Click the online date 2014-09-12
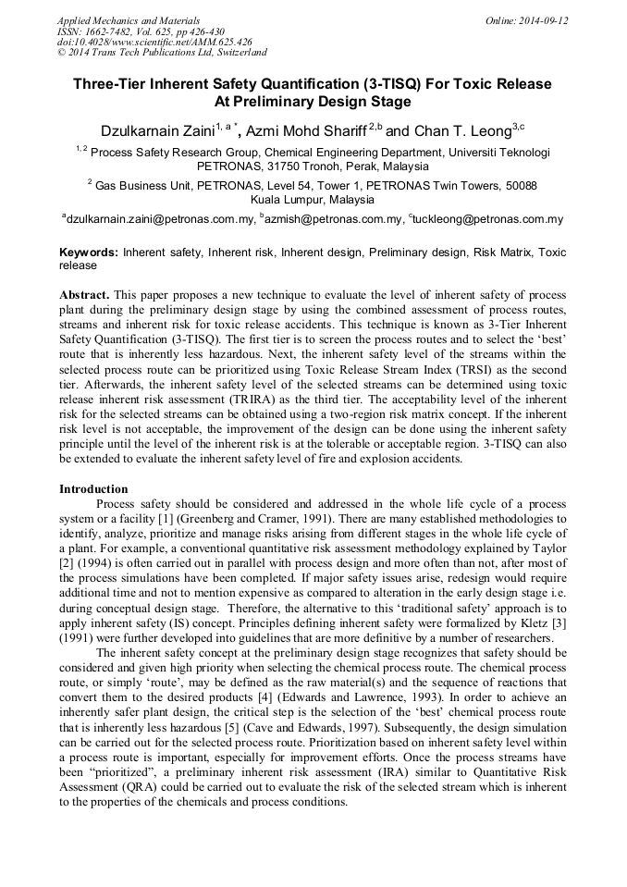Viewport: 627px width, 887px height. pos(540,19)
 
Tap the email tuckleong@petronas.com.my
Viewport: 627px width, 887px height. pos(488,219)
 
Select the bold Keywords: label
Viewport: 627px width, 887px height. pos(89,252)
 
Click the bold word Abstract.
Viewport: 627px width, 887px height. pos(84,293)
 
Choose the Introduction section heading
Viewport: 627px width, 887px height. pos(93,489)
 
